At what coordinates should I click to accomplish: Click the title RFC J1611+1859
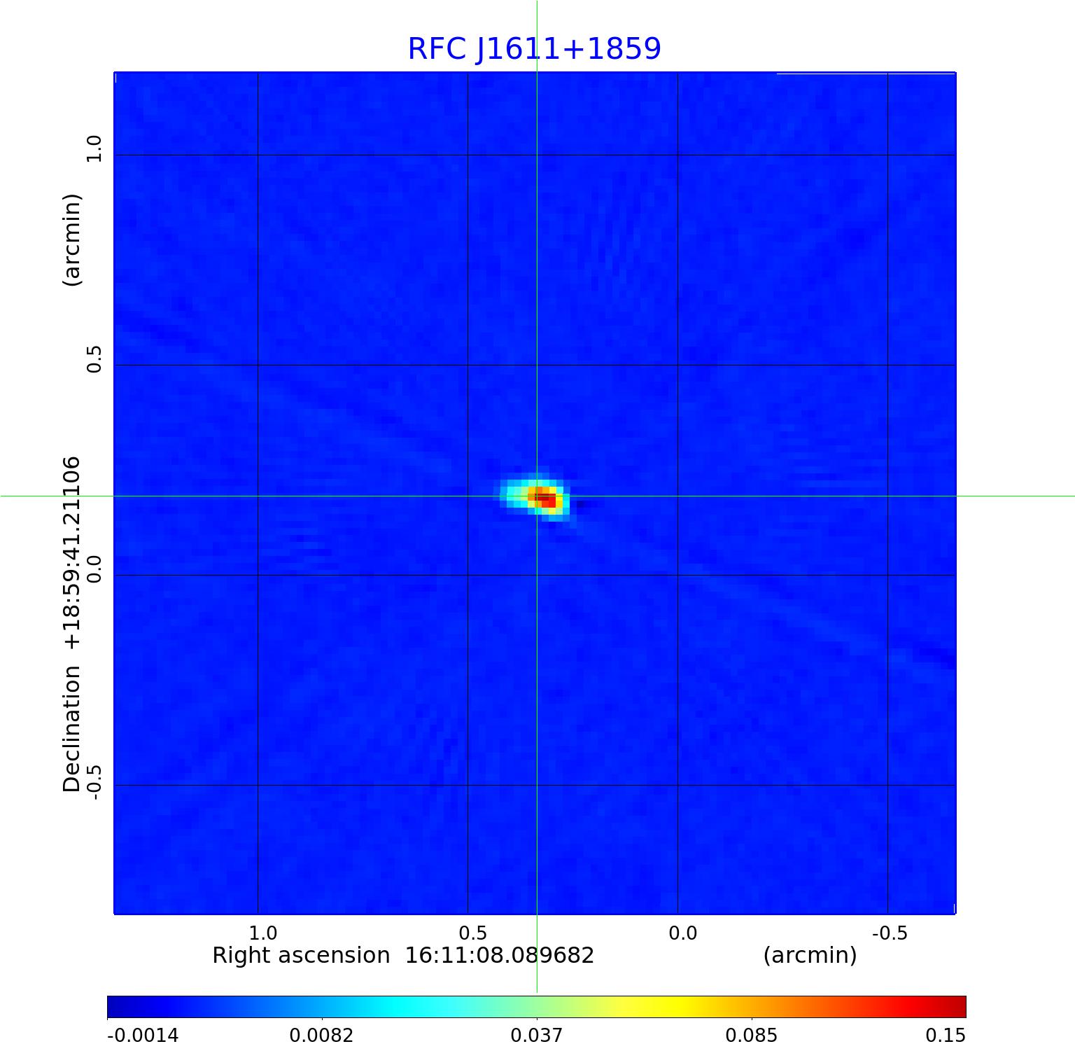click(534, 49)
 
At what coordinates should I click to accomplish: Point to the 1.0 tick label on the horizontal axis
click(263, 933)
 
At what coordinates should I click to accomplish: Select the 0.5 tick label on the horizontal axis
click(473, 933)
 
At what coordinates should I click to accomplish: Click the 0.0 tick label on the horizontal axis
click(683, 933)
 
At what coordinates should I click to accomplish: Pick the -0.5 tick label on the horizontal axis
click(890, 933)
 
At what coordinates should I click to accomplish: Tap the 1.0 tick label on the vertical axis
click(94, 148)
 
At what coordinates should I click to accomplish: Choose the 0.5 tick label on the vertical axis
click(94, 359)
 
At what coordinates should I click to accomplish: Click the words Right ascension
click(301, 956)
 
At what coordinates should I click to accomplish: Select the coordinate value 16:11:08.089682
click(500, 956)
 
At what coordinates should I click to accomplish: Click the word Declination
click(72, 729)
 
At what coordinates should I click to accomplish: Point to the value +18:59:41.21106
click(72, 553)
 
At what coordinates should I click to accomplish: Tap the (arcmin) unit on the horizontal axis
click(810, 956)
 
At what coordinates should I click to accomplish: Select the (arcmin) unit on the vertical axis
click(72, 239)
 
